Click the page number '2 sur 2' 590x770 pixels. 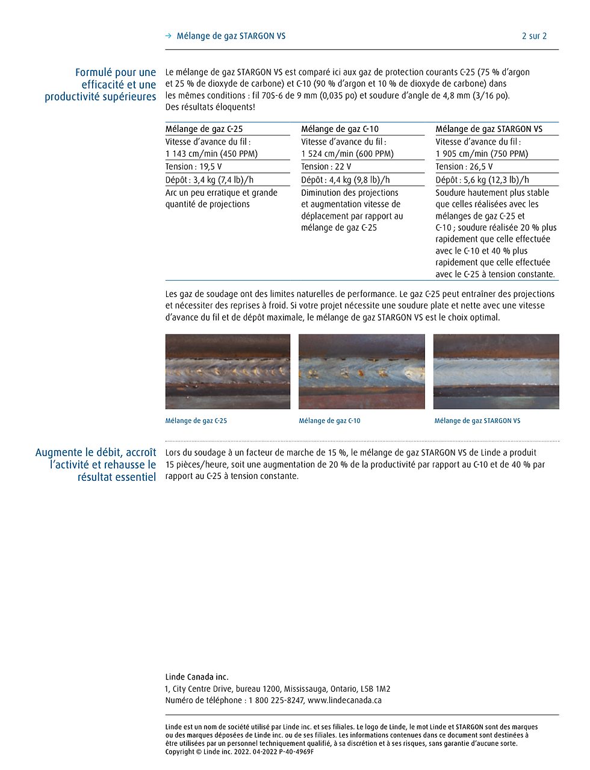click(x=534, y=36)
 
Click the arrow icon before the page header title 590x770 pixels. click(x=169, y=36)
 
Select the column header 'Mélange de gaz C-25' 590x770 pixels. click(x=204, y=129)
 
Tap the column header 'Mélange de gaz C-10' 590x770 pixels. click(x=340, y=129)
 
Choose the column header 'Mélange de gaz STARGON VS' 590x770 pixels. click(x=489, y=129)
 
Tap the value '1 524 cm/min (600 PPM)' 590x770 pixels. click(x=347, y=154)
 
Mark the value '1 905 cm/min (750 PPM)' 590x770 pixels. click(x=482, y=154)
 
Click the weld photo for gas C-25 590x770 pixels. click(x=228, y=372)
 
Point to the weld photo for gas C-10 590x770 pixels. click(x=361, y=372)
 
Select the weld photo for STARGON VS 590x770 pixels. click(x=496, y=372)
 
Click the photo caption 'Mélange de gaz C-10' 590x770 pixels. click(x=329, y=421)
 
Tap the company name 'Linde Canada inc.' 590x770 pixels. click(x=197, y=677)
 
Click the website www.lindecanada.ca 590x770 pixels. click(x=344, y=701)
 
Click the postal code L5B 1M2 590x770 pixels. click(x=375, y=689)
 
